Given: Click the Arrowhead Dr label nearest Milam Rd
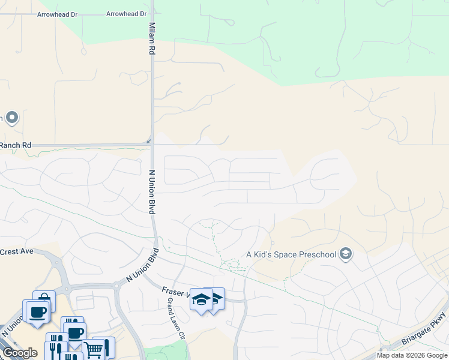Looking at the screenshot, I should click(126, 13).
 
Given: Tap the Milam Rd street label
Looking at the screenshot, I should click(152, 40).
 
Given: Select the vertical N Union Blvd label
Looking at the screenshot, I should click(152, 191).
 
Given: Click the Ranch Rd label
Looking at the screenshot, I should click(16, 145).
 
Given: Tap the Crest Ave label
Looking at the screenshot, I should click(17, 251).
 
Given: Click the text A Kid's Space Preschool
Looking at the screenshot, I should click(291, 254).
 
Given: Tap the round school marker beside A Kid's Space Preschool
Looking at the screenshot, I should click(345, 254).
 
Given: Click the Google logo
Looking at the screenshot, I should click(20, 353).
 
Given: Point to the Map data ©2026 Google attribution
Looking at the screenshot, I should click(412, 355).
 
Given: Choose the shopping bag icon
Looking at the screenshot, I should click(44, 299).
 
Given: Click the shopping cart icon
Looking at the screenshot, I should click(94, 349).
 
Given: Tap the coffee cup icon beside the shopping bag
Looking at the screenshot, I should click(37, 311).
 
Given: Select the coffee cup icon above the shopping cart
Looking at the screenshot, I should click(76, 333).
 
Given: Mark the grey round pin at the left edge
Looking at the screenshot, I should click(12, 116).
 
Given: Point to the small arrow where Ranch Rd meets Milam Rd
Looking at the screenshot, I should click(148, 142).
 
